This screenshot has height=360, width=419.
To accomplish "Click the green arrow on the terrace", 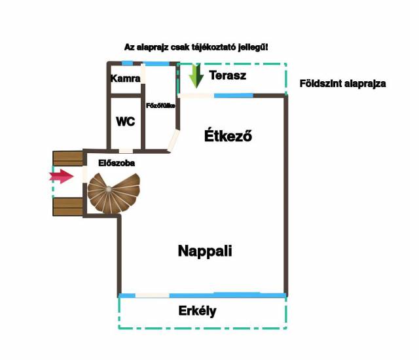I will (195, 77).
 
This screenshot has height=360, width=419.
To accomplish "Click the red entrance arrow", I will (62, 175).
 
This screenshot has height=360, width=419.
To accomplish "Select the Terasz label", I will (228, 75).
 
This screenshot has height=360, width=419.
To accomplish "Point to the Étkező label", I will (228, 137).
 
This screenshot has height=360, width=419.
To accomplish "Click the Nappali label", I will (205, 251).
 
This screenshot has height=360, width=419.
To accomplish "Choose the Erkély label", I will (197, 311).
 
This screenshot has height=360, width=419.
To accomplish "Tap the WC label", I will (125, 122).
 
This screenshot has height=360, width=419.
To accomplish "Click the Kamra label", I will (126, 79).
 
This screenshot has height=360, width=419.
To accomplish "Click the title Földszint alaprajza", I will (342, 84).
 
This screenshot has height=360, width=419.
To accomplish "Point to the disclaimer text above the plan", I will (196, 47).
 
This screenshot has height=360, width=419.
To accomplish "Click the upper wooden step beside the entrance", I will (67, 158).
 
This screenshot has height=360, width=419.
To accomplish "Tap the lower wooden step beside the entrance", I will (67, 206).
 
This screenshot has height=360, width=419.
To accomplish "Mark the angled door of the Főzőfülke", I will (173, 141).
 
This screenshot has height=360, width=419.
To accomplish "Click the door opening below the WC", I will (125, 151).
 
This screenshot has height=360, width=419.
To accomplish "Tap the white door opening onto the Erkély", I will (152, 295).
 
